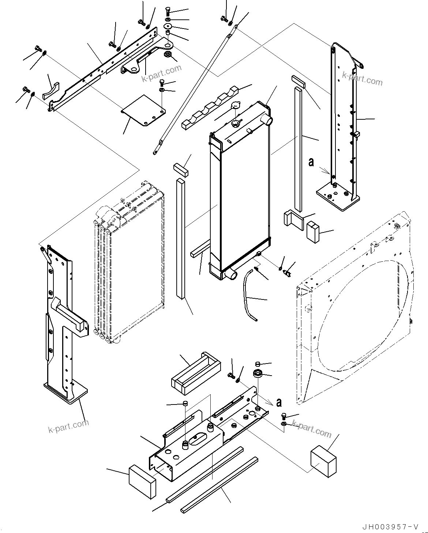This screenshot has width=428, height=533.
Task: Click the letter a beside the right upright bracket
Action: pos(311,162)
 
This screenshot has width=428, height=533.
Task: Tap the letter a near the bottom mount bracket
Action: pos(279,403)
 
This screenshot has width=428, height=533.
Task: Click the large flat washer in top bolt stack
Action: pos(168,26)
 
